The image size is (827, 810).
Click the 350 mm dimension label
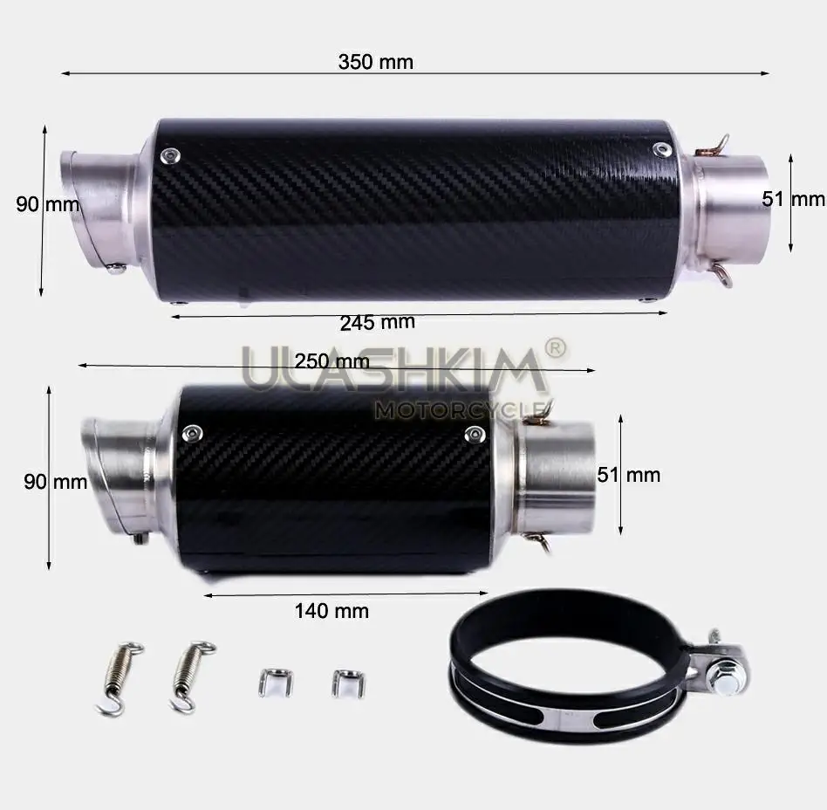tap(375, 62)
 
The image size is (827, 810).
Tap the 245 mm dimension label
tap(377, 322)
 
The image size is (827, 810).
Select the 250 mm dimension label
tap(331, 361)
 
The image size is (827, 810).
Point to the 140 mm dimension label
tap(331, 610)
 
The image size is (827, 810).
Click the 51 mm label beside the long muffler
tap(793, 199)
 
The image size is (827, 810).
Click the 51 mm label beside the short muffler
tap(629, 475)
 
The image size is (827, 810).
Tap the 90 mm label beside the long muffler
tap(47, 204)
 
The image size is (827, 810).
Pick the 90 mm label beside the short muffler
tap(55, 482)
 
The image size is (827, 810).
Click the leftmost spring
tap(120, 677)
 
